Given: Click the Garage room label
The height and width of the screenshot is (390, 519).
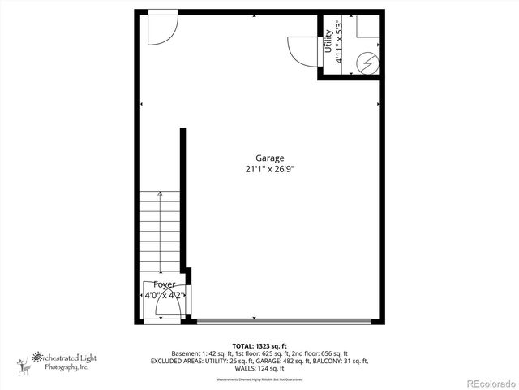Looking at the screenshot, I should pos(270,158).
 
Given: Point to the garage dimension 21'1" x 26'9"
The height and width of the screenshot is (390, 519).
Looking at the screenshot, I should pos(270,170).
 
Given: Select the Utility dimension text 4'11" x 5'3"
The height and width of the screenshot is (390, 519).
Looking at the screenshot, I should pos(339,46).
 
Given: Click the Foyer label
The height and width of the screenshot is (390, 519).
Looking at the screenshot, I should pos(165,284).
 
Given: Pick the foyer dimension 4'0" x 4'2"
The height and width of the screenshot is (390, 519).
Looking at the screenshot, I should pos(165,295).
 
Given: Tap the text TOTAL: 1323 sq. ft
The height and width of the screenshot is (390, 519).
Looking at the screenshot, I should pos(259,345).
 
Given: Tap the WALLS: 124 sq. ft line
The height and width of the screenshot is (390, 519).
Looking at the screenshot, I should pos(259,368).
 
